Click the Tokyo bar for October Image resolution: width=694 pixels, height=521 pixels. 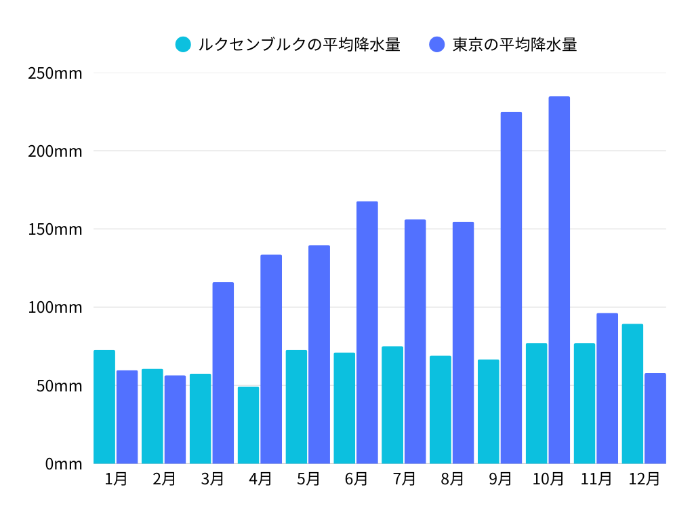coord(559,280)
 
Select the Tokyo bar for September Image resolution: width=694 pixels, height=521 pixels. coord(511,288)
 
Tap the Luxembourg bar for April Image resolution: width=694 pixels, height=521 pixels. coord(248,425)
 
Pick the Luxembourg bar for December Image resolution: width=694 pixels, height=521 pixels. coord(632,393)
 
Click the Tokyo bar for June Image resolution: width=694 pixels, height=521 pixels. coord(367,332)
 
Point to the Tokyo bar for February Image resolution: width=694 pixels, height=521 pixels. coord(175,419)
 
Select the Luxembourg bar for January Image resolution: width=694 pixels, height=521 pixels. coord(104,407)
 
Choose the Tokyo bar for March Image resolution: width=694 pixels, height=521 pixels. coord(223,373)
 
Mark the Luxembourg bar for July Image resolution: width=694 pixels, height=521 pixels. coord(392,405)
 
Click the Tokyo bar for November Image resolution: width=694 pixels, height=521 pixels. coord(607,388)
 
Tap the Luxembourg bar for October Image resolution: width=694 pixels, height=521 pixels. coord(536,404)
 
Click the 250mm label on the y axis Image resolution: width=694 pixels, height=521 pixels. coord(55,73)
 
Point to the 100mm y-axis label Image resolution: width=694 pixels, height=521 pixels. coord(55,307)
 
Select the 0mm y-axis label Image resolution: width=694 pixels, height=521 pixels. coord(64,464)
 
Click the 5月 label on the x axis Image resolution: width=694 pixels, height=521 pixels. coord(308,479)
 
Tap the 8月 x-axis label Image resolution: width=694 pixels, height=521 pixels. coord(452,479)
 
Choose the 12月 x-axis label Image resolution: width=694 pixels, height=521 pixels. coord(644,479)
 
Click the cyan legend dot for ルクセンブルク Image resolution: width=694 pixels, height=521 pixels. coord(183,45)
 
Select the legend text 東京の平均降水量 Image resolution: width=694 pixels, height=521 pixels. coord(514,45)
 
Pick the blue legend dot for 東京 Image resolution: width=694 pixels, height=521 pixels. coord(437,45)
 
